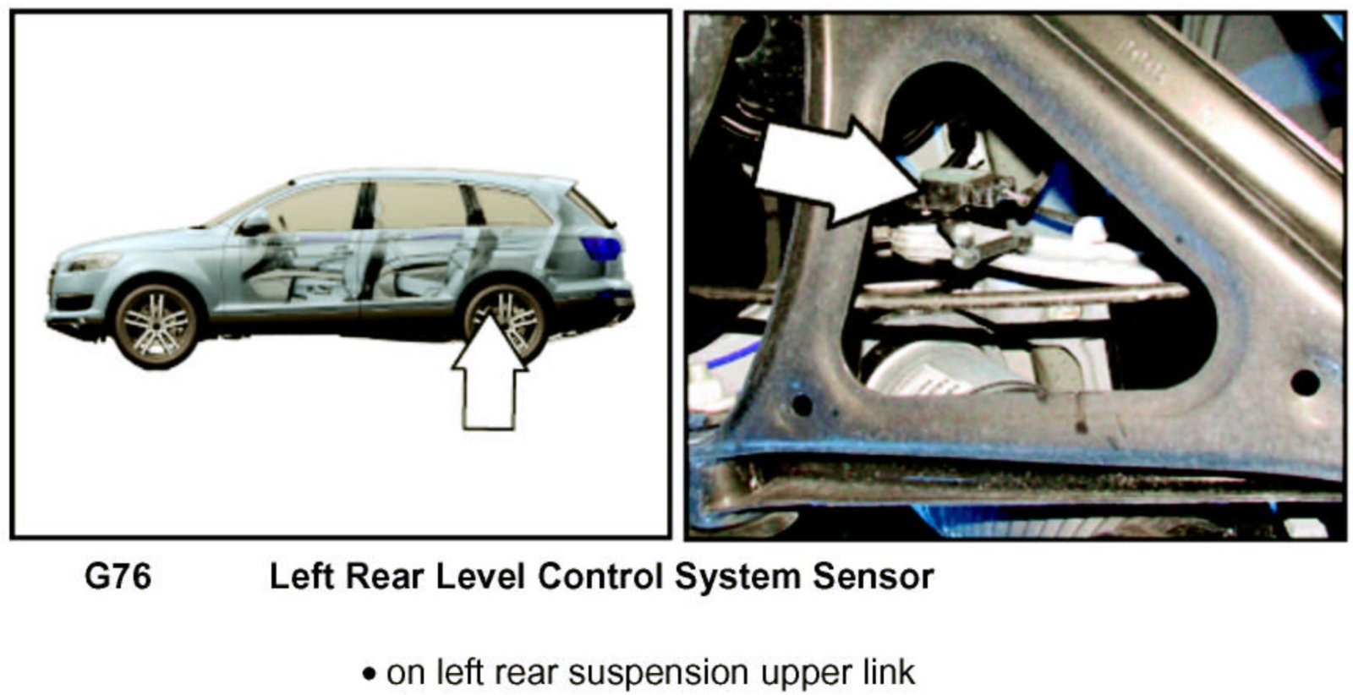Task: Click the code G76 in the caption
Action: tap(118, 577)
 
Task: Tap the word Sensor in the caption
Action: tap(873, 577)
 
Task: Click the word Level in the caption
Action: tap(480, 577)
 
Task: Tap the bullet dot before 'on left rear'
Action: tap(369, 675)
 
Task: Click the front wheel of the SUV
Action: tap(156, 325)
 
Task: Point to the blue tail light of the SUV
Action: tap(600, 249)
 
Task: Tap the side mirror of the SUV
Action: tap(255, 225)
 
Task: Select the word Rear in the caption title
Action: tap(384, 577)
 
